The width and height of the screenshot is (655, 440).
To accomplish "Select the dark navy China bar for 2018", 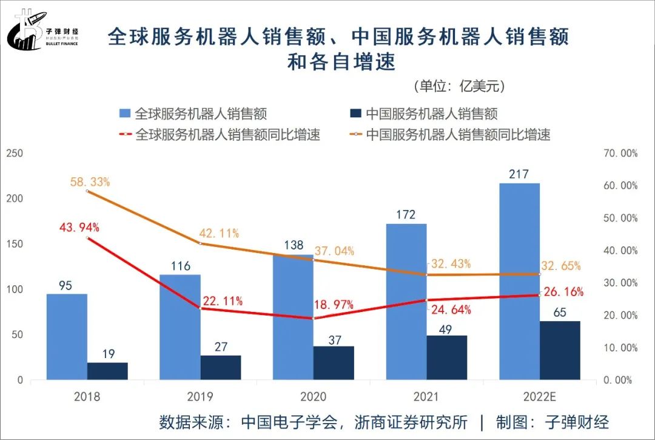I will pyautogui.click(x=107, y=371).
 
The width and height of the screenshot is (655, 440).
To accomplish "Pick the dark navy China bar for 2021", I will pyautogui.click(x=447, y=357).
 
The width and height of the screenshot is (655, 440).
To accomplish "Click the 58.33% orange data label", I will pyautogui.click(x=89, y=182).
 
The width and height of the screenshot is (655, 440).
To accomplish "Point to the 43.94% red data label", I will pyautogui.click(x=79, y=228).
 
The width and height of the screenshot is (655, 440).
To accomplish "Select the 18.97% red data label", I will pyautogui.click(x=334, y=305).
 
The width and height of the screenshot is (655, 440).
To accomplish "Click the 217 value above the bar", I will pyautogui.click(x=519, y=174).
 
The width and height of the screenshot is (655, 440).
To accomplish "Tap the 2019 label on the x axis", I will pyautogui.click(x=200, y=397).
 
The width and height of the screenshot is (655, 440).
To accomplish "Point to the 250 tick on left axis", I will pyautogui.click(x=15, y=154).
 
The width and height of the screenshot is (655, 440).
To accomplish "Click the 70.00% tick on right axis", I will pyautogui.click(x=620, y=154).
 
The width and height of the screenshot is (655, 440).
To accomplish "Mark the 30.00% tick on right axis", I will pyautogui.click(x=620, y=283).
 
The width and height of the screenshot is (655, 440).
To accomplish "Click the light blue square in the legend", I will pyautogui.click(x=126, y=113).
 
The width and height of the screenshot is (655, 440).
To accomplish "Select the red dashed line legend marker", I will pyautogui.click(x=126, y=134).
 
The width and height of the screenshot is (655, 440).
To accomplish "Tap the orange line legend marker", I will pyautogui.click(x=357, y=134).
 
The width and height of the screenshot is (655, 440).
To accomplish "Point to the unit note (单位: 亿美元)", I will pyautogui.click(x=458, y=86).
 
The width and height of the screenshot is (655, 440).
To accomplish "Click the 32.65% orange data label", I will pyautogui.click(x=560, y=265).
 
